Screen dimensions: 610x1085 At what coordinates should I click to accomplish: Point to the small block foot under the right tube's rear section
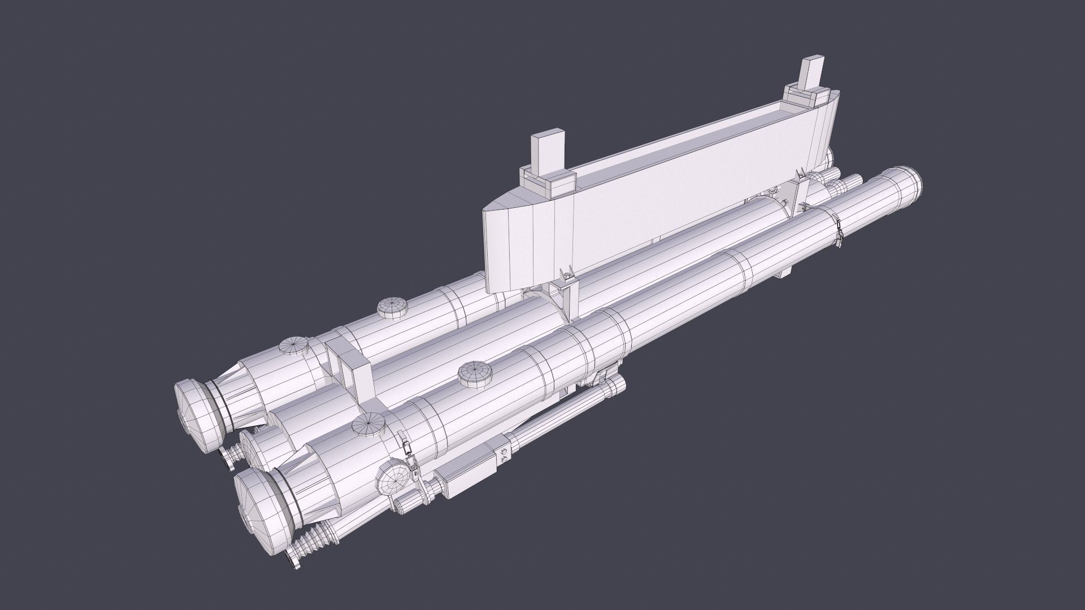782,273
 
